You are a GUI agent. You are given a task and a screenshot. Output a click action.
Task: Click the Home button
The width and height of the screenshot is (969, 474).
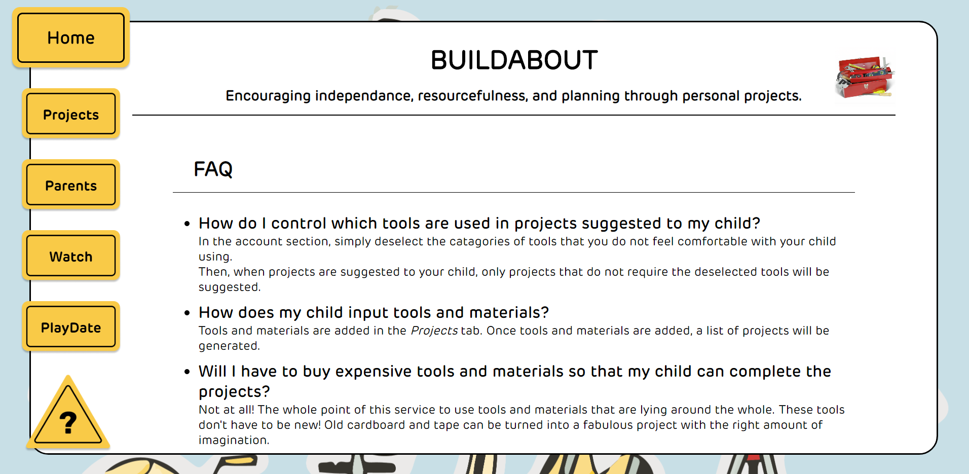click(71, 38)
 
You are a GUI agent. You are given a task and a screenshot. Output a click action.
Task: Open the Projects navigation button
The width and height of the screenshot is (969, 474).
click(71, 114)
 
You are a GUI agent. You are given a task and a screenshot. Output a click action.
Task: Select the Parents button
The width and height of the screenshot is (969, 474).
click(71, 185)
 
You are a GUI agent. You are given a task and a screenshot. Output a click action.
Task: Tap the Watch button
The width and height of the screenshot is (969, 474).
click(71, 256)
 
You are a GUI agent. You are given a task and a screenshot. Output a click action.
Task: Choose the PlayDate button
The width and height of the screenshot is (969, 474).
click(71, 327)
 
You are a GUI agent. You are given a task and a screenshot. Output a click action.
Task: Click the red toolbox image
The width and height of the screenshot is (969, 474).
click(865, 77)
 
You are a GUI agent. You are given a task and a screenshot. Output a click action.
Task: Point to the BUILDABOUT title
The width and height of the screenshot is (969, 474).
click(514, 60)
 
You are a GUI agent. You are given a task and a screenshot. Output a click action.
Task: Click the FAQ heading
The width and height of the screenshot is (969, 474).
click(213, 169)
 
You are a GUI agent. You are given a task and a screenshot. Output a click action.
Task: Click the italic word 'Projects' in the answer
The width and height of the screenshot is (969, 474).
click(434, 331)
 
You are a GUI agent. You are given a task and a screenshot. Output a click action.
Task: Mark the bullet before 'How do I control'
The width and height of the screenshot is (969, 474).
click(187, 224)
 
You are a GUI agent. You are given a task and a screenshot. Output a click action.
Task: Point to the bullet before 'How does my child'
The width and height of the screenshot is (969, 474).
click(187, 313)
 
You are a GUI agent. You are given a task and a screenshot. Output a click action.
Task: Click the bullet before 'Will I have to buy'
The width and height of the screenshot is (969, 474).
click(187, 372)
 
